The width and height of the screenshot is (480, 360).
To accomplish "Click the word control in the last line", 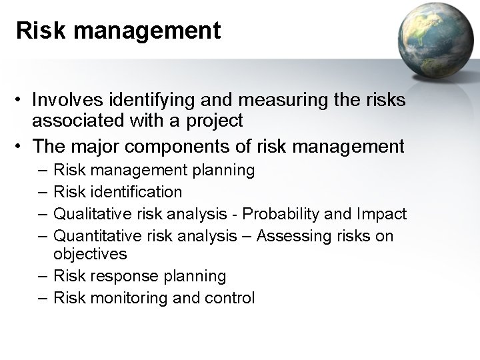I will tap(230, 298).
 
